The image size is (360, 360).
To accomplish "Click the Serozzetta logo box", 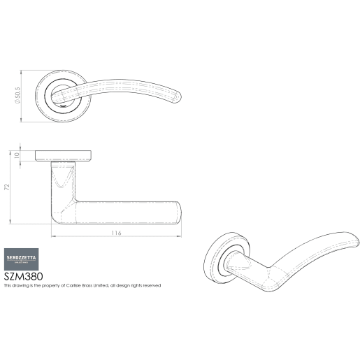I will coord(22,257).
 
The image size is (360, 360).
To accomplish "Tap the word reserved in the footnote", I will coord(151,286).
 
